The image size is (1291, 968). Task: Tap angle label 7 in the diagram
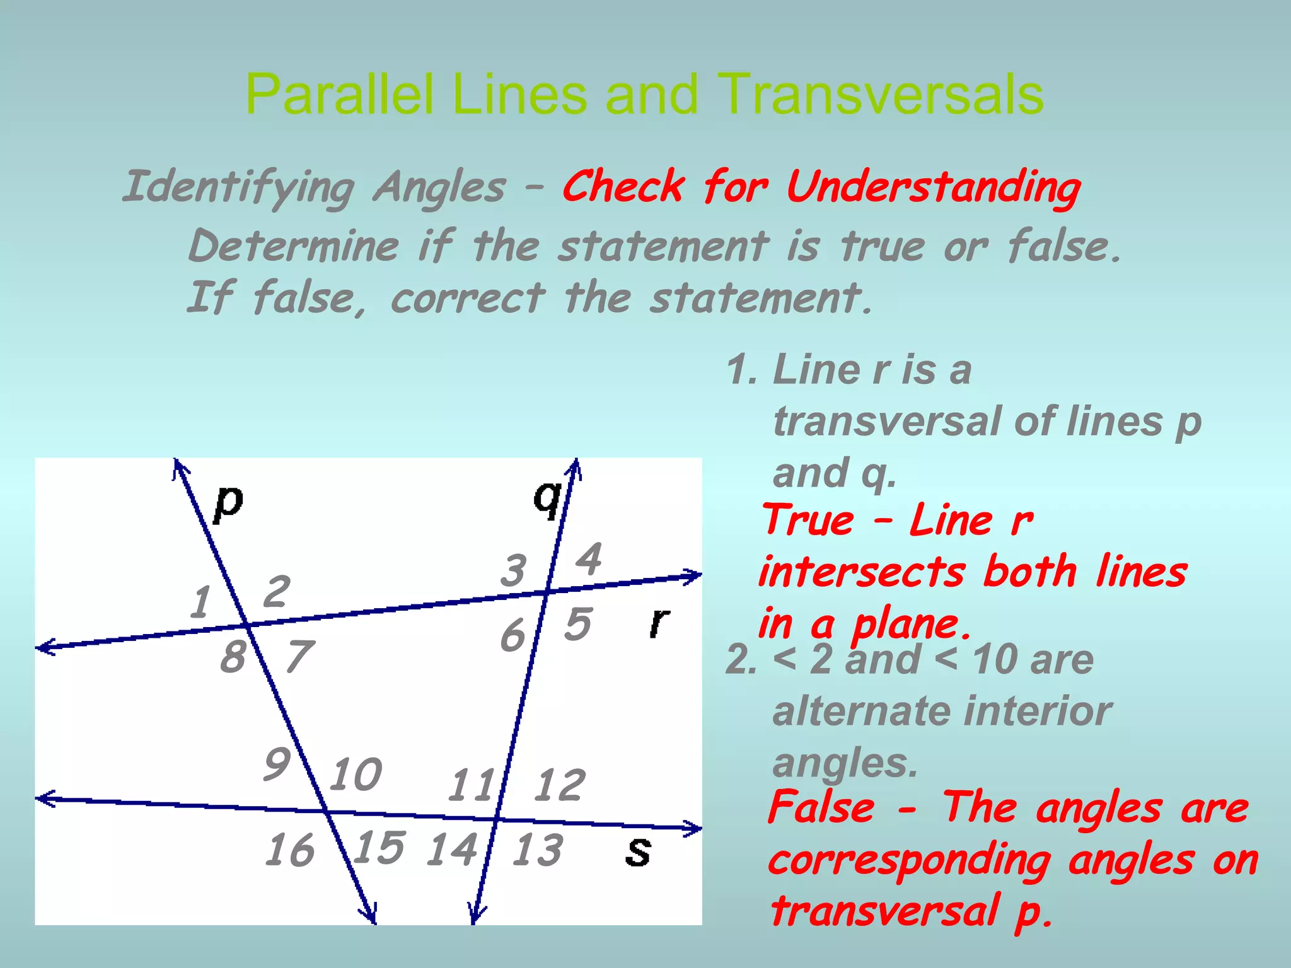298,656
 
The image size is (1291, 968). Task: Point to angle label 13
536,850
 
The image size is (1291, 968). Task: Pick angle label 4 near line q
589,559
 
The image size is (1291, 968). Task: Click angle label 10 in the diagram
356,775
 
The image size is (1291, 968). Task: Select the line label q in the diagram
547,498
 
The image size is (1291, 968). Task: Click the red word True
809,521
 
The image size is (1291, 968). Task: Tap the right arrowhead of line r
697,575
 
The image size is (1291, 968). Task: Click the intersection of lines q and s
496,819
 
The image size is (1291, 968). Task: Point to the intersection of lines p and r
246,625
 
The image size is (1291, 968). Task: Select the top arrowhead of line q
575,464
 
